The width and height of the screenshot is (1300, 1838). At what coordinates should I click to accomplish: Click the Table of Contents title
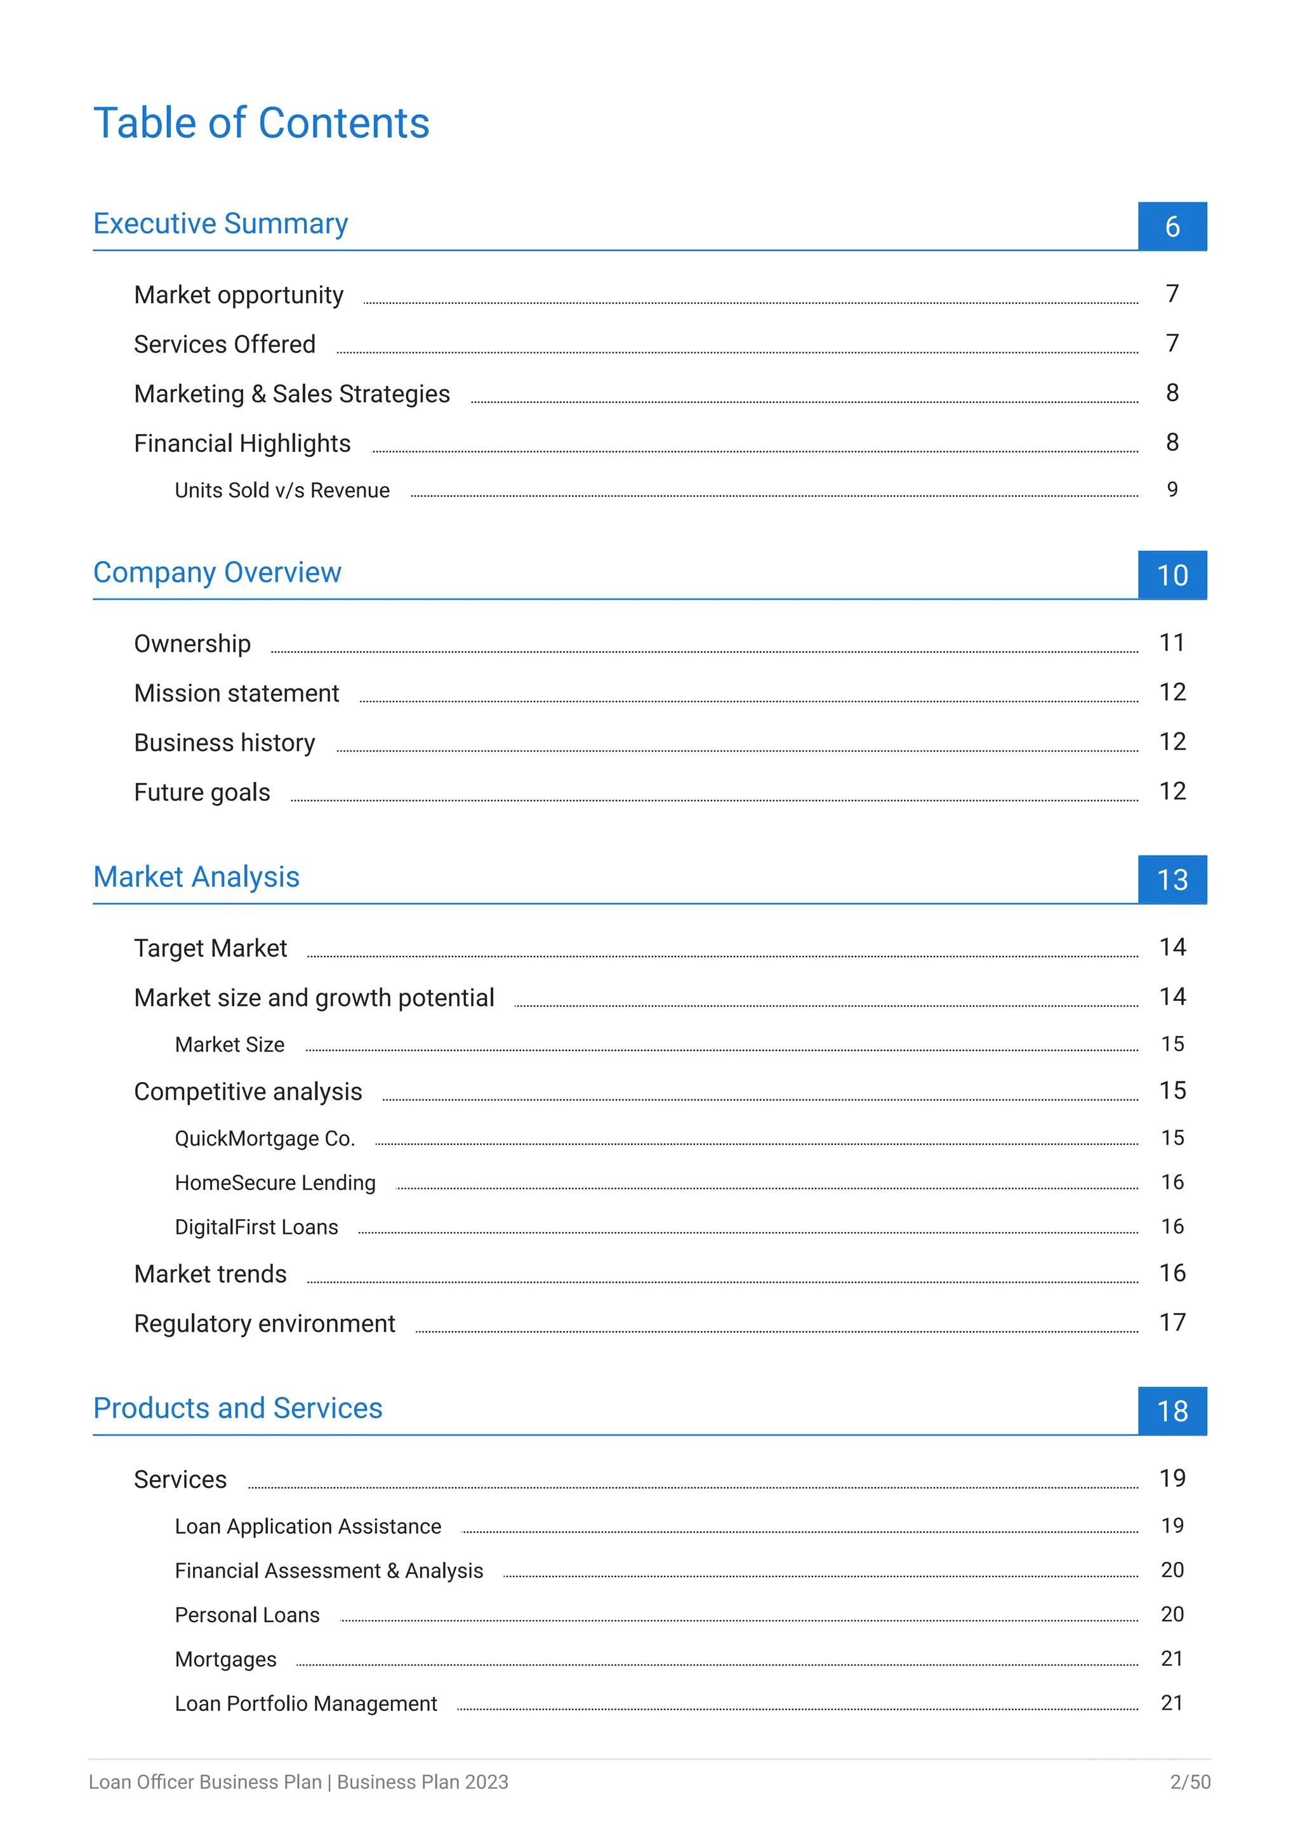pos(261,123)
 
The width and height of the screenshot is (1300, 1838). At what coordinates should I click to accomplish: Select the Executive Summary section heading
pos(220,223)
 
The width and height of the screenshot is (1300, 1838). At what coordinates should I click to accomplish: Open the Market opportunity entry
pos(239,295)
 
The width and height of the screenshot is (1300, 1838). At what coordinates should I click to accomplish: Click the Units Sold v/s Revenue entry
pos(282,490)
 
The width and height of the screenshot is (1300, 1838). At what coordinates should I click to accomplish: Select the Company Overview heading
pos(217,572)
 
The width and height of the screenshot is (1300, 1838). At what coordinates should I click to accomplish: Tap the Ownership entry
pos(192,644)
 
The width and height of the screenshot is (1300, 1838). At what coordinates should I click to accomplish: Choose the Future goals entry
pos(202,793)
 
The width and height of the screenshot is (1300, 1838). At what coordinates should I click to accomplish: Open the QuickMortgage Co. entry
pos(264,1139)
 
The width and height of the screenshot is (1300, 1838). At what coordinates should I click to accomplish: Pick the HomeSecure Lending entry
pos(275,1182)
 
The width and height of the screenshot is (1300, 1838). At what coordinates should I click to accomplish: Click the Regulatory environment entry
pos(264,1323)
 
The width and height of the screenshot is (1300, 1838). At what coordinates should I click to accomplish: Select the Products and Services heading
pos(238,1408)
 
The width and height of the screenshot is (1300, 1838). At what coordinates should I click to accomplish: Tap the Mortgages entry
pos(226,1660)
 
